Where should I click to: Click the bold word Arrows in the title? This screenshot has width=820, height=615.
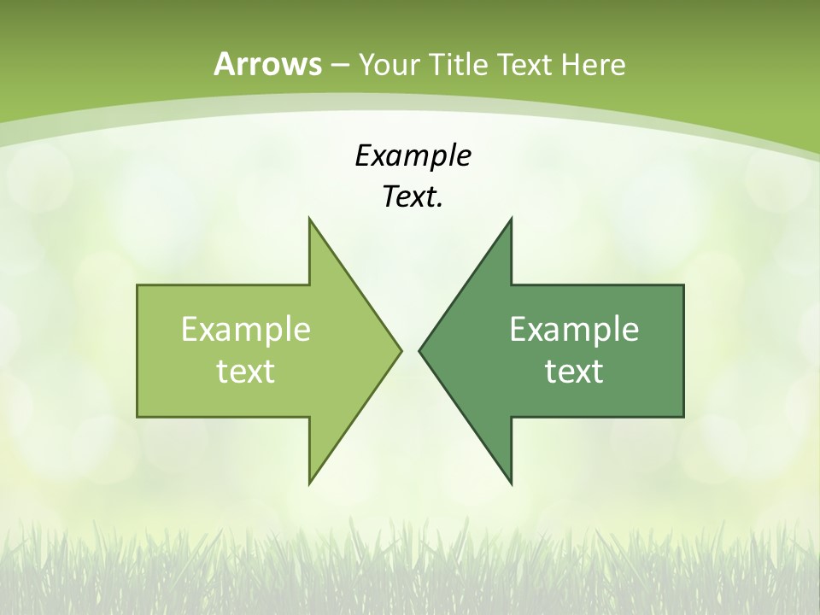(266, 64)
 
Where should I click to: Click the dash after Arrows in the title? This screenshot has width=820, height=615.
(338, 65)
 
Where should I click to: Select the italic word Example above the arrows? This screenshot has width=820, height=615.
(413, 155)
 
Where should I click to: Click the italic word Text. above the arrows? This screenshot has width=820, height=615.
(413, 197)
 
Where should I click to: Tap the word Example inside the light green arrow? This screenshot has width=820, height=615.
(246, 329)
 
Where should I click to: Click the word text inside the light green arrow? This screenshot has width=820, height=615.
(246, 371)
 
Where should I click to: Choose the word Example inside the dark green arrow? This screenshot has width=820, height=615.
(574, 329)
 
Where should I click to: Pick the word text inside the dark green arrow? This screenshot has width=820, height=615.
(574, 371)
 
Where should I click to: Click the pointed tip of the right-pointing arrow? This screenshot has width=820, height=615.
(401, 350)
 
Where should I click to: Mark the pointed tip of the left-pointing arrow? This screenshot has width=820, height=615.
(419, 350)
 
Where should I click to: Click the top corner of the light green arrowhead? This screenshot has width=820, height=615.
(309, 218)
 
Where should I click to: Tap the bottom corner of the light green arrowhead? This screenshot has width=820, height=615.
(309, 483)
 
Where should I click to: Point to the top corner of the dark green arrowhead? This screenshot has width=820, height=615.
(511, 218)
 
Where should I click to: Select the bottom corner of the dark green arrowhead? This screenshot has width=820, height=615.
(511, 483)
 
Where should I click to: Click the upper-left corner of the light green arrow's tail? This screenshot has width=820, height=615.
(138, 285)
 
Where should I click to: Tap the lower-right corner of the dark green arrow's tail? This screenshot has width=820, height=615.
(683, 417)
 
